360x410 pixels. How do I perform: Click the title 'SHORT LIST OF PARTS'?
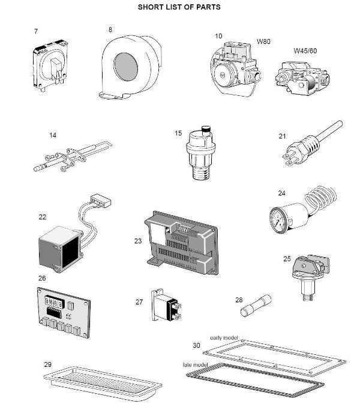pos(179,7)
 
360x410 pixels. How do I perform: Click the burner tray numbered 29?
pos(105,380)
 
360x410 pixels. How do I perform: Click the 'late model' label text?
pos(196,364)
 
